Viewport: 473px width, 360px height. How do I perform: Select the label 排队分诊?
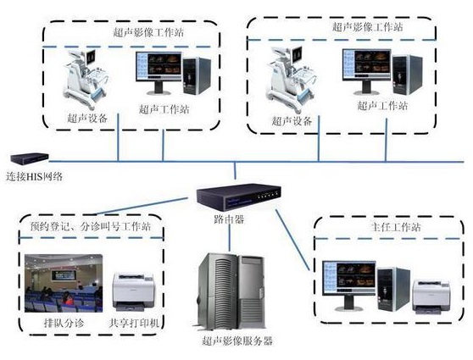(59, 323)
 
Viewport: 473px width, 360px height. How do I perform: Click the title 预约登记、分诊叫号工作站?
(92, 226)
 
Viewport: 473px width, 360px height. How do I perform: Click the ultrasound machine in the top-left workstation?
(84, 80)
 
